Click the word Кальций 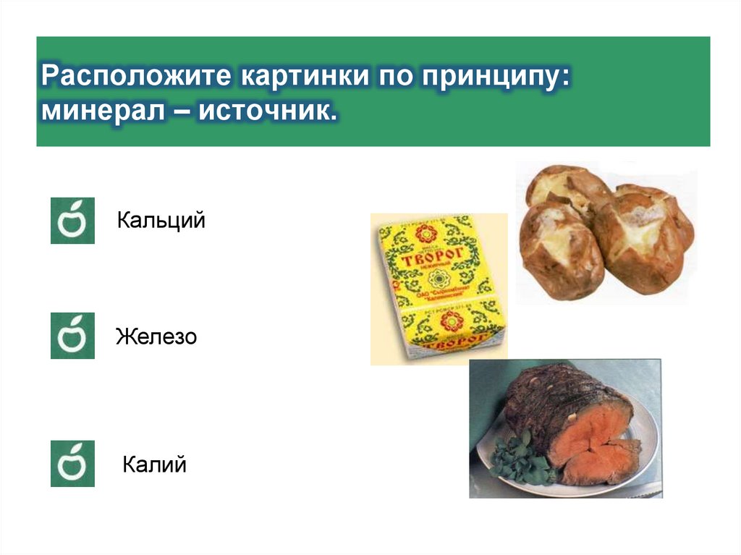(161, 220)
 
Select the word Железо (156, 336)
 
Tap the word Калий (154, 464)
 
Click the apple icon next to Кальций (72, 220)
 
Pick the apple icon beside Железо (72, 336)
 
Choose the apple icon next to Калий (72, 463)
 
